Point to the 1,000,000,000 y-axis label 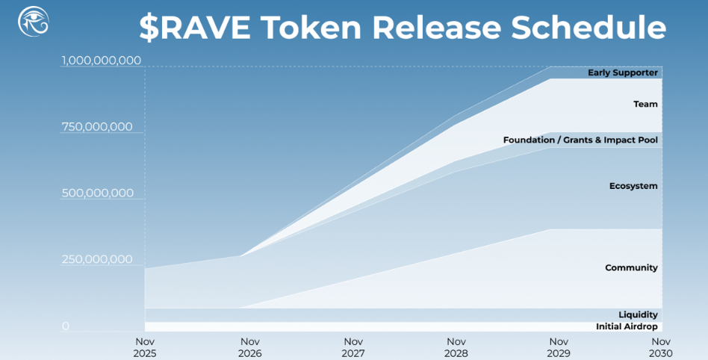point(102,60)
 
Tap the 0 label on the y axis point(66,326)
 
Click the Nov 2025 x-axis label point(145,347)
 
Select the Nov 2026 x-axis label point(251,347)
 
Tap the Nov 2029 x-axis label point(558,347)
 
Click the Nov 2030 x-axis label point(660,347)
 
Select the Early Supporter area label point(622,72)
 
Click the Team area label point(645,105)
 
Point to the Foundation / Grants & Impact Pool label point(580,140)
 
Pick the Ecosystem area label point(633,186)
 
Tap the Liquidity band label point(638,314)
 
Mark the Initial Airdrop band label point(627,326)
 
